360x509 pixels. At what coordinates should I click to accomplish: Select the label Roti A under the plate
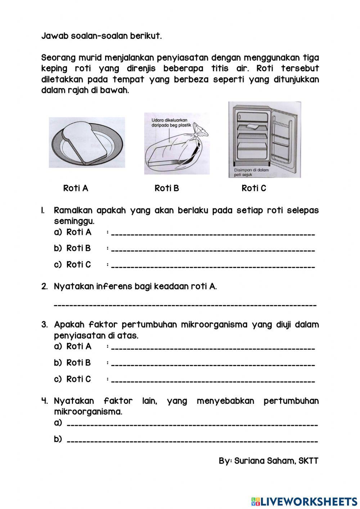point(76,188)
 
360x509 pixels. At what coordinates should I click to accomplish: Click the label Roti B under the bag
point(167,188)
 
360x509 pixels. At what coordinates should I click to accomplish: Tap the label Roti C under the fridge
point(254,188)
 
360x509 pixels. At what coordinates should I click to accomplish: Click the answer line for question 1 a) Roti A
point(212,234)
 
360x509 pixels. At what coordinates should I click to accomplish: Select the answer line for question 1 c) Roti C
point(212,267)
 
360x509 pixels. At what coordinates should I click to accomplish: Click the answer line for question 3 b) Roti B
point(212,365)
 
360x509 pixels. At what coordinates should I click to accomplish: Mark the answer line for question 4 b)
point(193,441)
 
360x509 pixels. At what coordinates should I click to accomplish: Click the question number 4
point(45,401)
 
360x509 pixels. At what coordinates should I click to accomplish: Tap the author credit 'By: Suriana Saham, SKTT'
point(269,461)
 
